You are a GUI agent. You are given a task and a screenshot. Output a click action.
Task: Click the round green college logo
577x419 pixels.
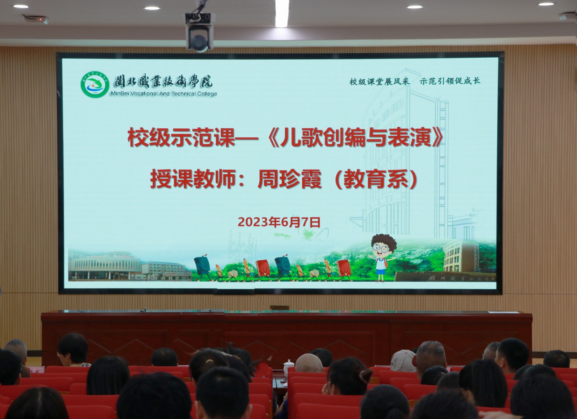pyautogui.click(x=95, y=85)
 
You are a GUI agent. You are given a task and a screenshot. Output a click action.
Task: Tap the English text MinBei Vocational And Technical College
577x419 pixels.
pyautogui.click(x=164, y=94)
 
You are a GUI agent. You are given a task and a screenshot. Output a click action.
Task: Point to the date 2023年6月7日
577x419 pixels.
pyautogui.click(x=279, y=222)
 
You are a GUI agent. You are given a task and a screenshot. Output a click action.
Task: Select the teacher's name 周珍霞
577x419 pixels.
pyautogui.click(x=289, y=179)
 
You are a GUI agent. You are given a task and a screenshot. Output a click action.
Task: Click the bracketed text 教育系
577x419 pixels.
pyautogui.click(x=376, y=179)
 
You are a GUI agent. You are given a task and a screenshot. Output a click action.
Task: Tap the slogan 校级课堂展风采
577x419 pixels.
pyautogui.click(x=379, y=81)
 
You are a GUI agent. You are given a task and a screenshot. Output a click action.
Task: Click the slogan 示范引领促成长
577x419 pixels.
pyautogui.click(x=450, y=81)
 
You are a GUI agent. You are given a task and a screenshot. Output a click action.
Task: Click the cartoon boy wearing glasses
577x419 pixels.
pyautogui.click(x=382, y=256)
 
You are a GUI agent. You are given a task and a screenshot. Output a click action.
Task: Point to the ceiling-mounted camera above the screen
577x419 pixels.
pyautogui.click(x=199, y=32)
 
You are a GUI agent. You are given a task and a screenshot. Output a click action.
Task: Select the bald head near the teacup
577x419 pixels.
pyautogui.click(x=309, y=363)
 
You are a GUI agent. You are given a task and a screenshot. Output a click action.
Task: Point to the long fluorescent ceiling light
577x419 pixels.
pyautogui.click(x=282, y=13)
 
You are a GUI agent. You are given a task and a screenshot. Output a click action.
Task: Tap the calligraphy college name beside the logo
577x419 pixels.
pyautogui.click(x=163, y=81)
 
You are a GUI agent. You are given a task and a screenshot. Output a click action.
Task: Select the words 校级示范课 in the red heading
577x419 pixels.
pyautogui.click(x=181, y=138)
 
